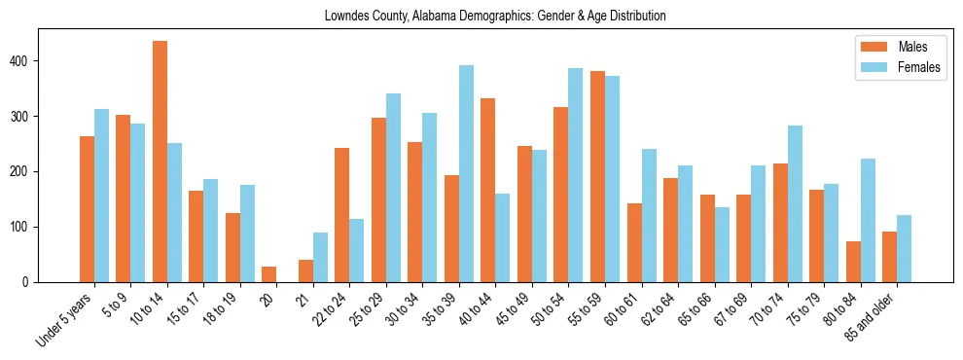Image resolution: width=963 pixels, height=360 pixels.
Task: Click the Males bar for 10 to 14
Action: pos(160,162)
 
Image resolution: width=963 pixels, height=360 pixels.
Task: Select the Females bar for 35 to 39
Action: pos(466,173)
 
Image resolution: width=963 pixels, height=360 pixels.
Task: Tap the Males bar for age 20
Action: pos(269,274)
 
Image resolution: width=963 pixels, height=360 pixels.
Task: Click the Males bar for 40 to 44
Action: pos(488,190)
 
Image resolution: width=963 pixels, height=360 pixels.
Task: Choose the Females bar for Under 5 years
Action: pos(101,196)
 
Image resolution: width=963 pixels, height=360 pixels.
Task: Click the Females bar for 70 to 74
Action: pos(795,203)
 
